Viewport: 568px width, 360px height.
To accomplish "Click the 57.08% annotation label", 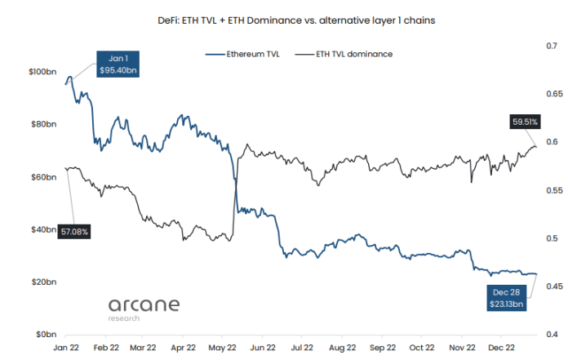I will click(x=74, y=232).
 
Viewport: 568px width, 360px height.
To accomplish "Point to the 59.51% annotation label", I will click(x=526, y=122).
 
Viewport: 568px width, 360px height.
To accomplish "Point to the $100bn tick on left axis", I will click(x=42, y=73).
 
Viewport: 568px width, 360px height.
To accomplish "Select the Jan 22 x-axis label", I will click(x=66, y=347).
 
